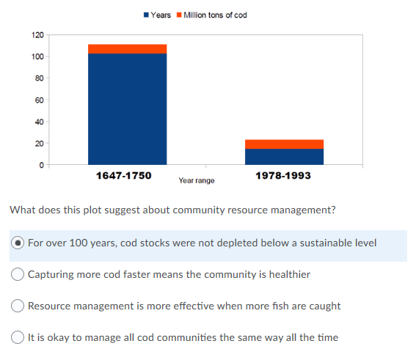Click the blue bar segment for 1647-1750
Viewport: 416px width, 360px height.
pos(127,109)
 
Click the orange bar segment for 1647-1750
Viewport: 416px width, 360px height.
pos(127,48)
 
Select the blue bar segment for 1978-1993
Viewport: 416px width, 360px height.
pos(284,156)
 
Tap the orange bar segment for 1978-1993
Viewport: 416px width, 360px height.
pos(284,144)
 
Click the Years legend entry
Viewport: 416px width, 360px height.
pos(157,15)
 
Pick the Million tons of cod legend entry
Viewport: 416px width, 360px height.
pos(211,15)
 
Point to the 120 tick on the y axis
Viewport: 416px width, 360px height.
pos(38,34)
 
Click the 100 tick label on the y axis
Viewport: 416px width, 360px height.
pos(38,56)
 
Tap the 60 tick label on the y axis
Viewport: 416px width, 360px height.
pos(40,100)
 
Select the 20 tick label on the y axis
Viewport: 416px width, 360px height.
pos(40,143)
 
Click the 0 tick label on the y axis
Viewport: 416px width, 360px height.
pos(42,165)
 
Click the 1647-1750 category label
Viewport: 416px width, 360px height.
pos(123,176)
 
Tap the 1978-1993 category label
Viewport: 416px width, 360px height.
pos(283,176)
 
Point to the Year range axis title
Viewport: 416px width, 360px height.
pos(197,180)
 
